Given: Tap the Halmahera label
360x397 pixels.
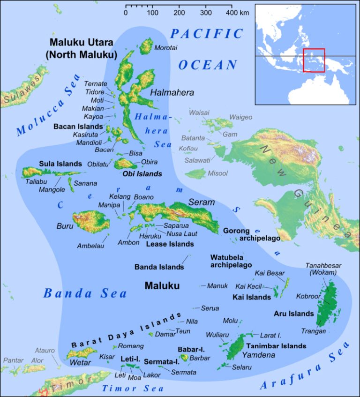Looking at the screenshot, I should tap(172, 93).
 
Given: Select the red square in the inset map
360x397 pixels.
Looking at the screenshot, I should tap(314, 60).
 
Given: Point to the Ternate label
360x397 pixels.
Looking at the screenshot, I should tap(96, 83).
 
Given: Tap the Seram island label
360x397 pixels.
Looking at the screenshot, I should tap(201, 202).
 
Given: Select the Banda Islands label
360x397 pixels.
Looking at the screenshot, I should tap(159, 267).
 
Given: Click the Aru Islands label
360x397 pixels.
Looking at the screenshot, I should tap(294, 314).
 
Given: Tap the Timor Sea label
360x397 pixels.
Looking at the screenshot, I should tap(133, 388).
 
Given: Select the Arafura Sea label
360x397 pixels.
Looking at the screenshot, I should tap(305, 367).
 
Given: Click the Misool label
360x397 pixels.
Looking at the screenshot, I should tap(217, 173).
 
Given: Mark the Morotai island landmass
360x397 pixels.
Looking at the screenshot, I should tap(147, 46).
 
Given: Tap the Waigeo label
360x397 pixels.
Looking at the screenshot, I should tap(240, 117).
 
